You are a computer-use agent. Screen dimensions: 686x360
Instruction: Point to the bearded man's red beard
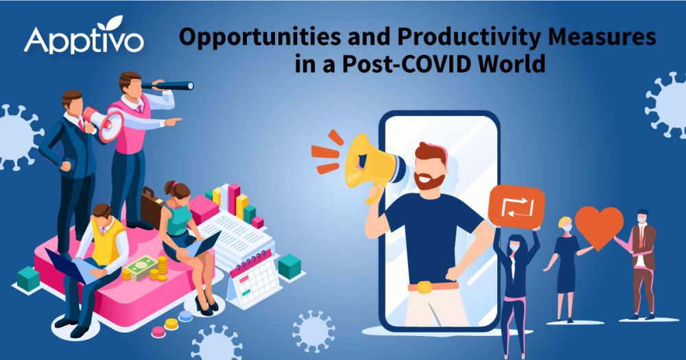tap(429, 180)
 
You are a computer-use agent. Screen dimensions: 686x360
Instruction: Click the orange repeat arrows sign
tap(517, 206)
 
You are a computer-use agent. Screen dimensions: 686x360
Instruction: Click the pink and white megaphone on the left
tap(104, 123)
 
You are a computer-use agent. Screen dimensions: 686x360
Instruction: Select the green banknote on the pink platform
tap(143, 267)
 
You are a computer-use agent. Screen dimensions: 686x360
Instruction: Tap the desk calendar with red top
tap(254, 276)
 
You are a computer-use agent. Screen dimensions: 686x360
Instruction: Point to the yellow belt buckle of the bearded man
tap(424, 287)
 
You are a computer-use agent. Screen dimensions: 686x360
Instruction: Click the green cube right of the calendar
tap(289, 266)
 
